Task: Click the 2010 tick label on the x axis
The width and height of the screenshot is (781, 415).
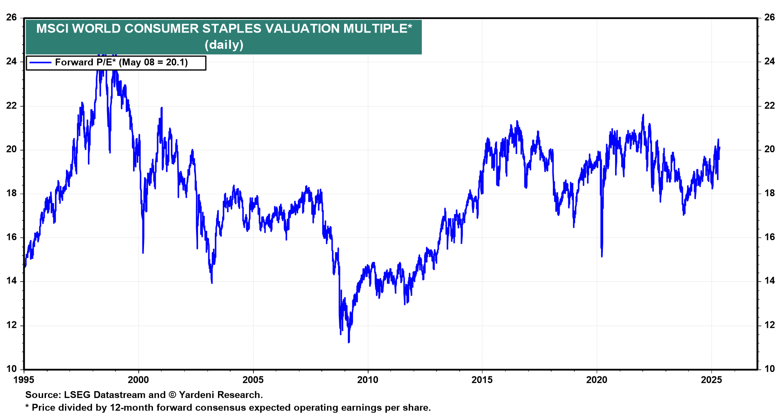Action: [x=367, y=380]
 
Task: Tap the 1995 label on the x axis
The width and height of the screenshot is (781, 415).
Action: [x=24, y=380]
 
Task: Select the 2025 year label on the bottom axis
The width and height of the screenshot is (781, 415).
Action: [x=711, y=380]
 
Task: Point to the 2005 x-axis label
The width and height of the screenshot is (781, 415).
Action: [x=253, y=380]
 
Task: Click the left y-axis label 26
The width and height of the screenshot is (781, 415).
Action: [x=11, y=17]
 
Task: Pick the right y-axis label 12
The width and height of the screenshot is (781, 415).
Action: [x=770, y=325]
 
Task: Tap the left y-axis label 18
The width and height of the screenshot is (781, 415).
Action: [x=11, y=193]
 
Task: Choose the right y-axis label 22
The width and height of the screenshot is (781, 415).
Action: [x=770, y=106]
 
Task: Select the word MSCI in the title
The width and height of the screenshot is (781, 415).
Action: [x=52, y=28]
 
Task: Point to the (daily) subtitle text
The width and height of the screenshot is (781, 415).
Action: [x=224, y=44]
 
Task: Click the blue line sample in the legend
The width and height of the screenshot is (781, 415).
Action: [x=40, y=63]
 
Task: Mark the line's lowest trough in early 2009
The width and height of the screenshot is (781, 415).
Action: [x=349, y=342]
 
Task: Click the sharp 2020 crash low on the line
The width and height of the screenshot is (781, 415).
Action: [x=602, y=256]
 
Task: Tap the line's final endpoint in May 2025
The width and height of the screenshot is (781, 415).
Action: [x=719, y=148]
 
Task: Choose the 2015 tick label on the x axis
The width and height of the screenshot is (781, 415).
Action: [x=482, y=380]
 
